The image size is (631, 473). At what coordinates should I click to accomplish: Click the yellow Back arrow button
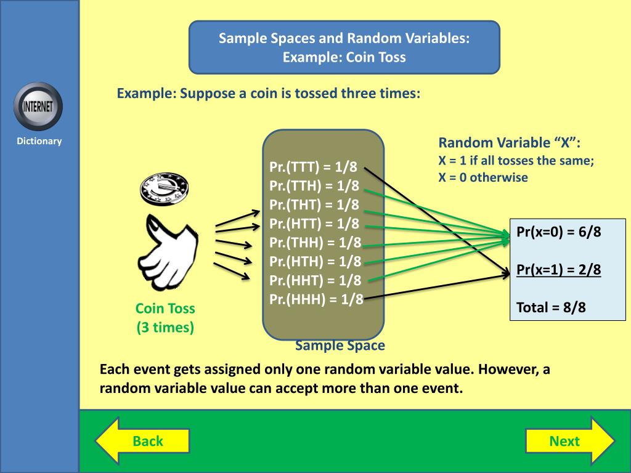pyautogui.click(x=142, y=440)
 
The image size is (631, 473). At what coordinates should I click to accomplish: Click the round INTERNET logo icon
pyautogui.click(x=38, y=106)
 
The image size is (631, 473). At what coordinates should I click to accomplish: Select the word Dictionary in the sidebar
pyautogui.click(x=39, y=141)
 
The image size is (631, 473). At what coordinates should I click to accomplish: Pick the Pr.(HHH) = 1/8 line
pyautogui.click(x=316, y=299)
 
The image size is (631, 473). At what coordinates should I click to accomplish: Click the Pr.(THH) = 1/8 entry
pyautogui.click(x=315, y=243)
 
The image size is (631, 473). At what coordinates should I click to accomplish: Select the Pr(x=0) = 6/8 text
pyautogui.click(x=558, y=233)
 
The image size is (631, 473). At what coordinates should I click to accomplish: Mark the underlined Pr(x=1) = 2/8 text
pyautogui.click(x=558, y=269)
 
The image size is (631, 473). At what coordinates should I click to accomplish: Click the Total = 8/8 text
pyautogui.click(x=551, y=307)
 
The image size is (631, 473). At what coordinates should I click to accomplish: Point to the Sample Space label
pyautogui.click(x=340, y=346)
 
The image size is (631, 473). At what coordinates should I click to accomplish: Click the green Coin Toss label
pyautogui.click(x=165, y=309)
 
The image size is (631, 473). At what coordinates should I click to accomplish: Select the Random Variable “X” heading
pyautogui.click(x=510, y=143)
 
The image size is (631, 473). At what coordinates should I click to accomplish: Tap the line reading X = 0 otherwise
pyautogui.click(x=483, y=177)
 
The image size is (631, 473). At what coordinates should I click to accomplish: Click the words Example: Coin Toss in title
pyautogui.click(x=344, y=57)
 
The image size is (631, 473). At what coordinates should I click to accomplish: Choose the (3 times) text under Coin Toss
pyautogui.click(x=165, y=328)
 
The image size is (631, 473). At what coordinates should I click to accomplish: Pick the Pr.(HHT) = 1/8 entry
pyautogui.click(x=315, y=280)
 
